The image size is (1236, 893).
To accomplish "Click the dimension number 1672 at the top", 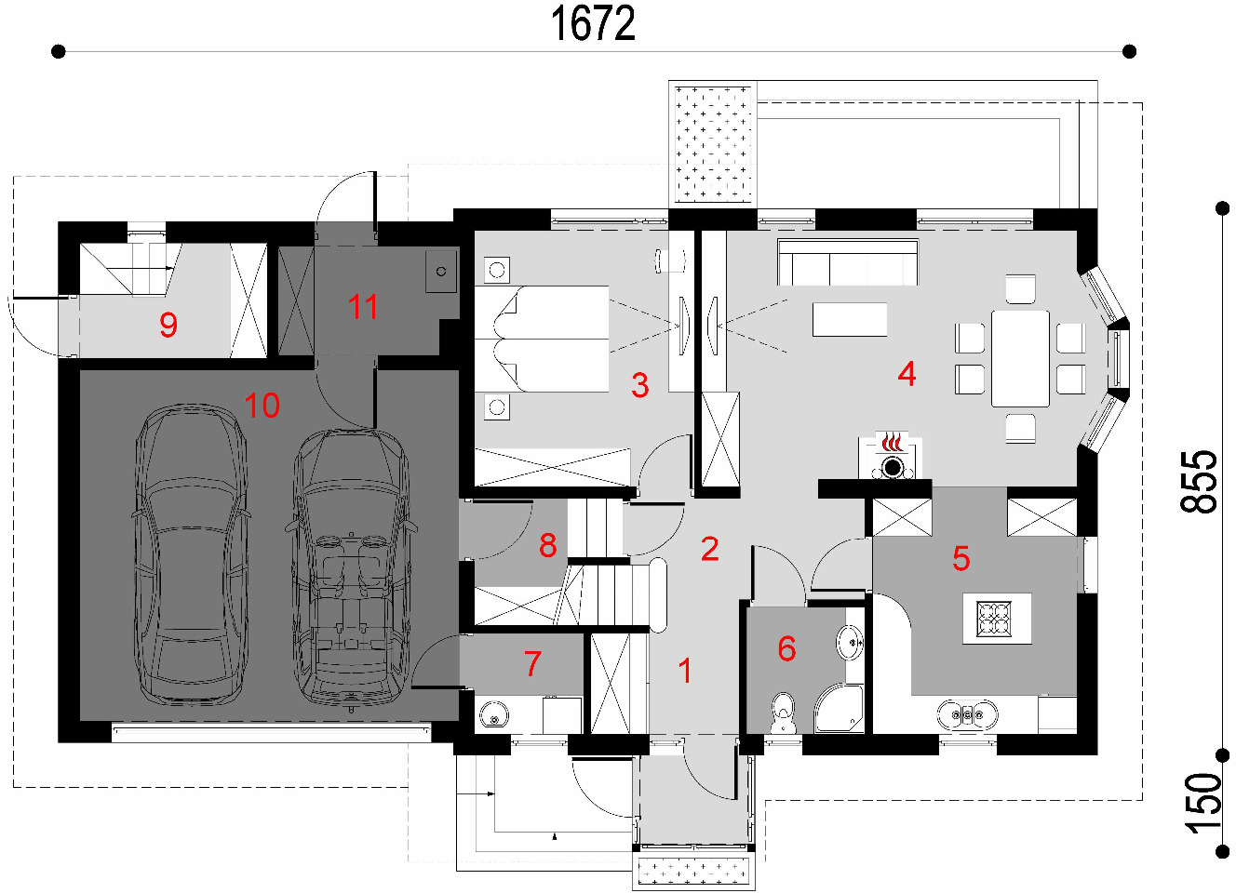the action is (593, 24).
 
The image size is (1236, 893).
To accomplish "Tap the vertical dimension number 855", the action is (1199, 482).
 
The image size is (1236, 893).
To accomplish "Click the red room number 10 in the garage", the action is (262, 406).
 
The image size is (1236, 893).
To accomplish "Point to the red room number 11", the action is (363, 307).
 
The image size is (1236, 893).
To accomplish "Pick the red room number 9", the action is (168, 325).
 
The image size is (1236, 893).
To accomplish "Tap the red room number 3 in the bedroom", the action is (640, 385).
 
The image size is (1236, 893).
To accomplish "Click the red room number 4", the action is (907, 374).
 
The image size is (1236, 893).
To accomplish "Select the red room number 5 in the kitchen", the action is (961, 558).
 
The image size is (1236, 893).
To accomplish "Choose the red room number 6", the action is (786, 648).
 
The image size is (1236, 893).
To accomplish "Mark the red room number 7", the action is (532, 663).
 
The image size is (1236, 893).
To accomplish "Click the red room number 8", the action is (548, 545).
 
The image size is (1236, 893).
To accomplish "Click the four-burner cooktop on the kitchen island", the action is (993, 618).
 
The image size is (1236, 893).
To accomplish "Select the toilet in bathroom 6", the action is (783, 713).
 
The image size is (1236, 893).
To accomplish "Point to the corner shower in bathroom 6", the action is (840, 709).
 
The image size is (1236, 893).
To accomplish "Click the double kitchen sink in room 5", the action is (967, 714).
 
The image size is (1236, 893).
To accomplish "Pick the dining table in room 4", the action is (1020, 359).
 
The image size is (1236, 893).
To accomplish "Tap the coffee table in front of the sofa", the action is (850, 319).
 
